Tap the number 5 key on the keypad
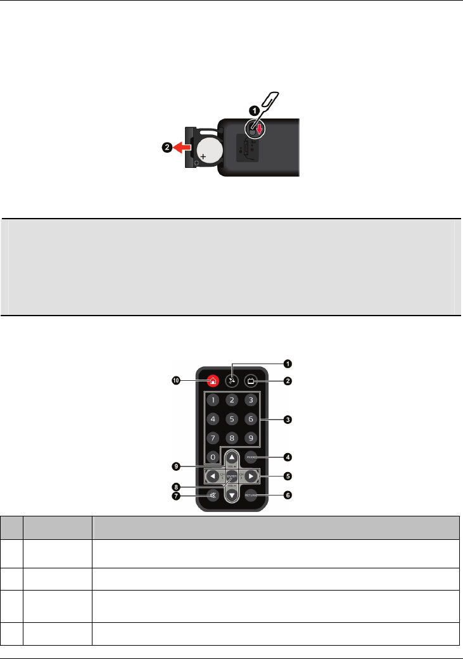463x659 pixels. (232, 419)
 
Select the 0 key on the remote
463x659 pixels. (213, 457)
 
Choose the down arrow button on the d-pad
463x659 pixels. (232, 495)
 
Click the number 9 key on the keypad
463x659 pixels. (252, 438)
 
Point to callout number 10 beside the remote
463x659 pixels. (177, 381)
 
